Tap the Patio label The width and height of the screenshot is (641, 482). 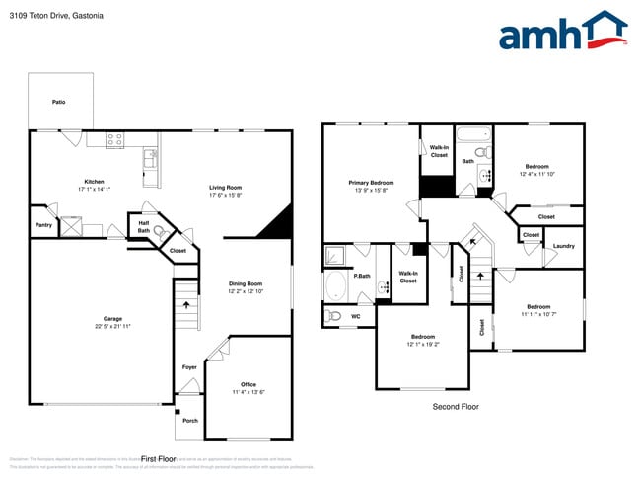[x=59, y=102]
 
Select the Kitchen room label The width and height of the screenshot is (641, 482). [x=94, y=181]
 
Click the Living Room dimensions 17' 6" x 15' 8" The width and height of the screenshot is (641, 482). [x=225, y=195]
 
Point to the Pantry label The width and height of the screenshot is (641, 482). [x=42, y=225]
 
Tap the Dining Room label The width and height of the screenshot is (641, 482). [x=247, y=283]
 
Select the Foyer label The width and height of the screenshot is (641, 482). [x=189, y=367]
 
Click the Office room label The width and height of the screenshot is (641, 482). [x=249, y=384]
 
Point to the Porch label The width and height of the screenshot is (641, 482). [x=189, y=419]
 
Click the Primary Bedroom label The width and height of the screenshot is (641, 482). [x=371, y=183]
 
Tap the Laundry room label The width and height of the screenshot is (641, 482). [x=563, y=246]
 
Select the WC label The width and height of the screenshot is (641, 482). [x=356, y=316]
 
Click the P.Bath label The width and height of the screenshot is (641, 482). [x=362, y=276]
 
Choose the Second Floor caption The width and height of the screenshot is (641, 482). [x=457, y=406]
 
